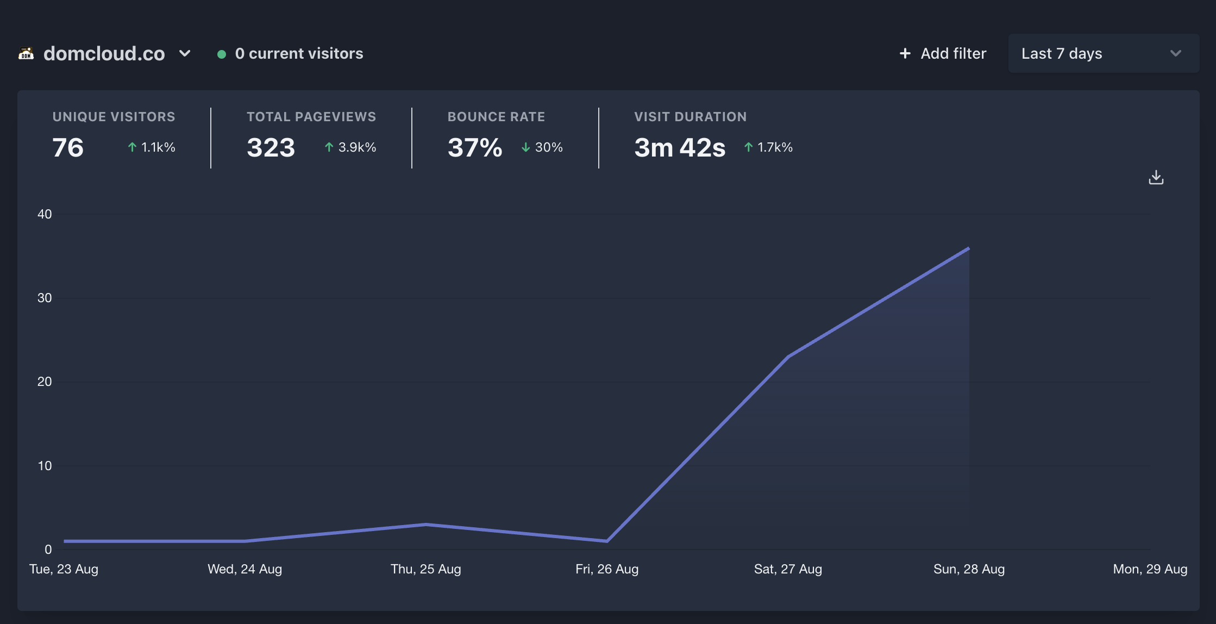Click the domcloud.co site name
pos(104,53)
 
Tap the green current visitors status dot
pos(221,54)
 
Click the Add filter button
pos(943,53)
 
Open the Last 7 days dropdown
pos(1103,53)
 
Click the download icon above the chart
pos(1156,177)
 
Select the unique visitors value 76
pos(68,147)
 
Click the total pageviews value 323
pos(271,147)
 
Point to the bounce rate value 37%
pos(474,147)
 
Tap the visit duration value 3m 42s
pos(679,147)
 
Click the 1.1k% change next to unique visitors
pos(152,147)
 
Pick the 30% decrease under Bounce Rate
pos(542,147)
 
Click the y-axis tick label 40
pos(45,214)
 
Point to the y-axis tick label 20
pos(45,382)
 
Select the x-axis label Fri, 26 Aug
pos(607,569)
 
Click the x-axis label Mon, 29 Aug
pos(1150,569)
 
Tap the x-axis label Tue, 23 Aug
pos(64,569)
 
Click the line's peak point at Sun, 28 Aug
pos(968,248)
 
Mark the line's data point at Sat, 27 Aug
pos(788,357)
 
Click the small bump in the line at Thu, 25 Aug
pos(426,525)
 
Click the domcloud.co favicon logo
pos(26,53)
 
